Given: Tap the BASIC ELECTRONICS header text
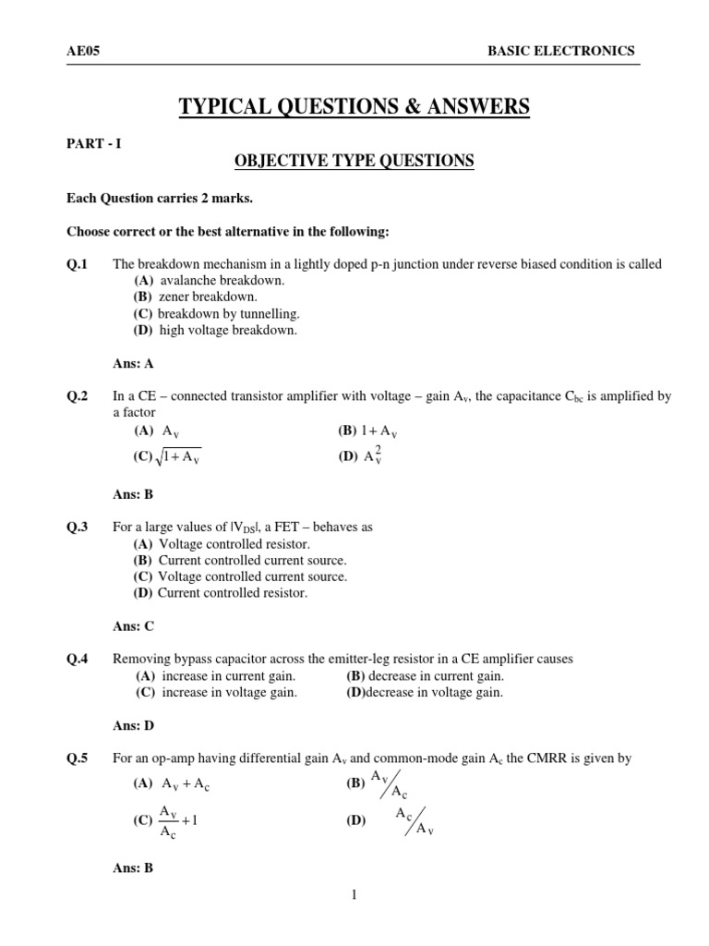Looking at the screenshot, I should (560, 52).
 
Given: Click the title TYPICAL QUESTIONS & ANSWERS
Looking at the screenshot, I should (354, 108).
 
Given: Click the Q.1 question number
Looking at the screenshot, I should (77, 264).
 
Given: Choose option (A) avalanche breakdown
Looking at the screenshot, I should (210, 281).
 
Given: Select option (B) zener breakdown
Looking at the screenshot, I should (195, 297).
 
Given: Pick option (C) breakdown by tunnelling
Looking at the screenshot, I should (217, 314).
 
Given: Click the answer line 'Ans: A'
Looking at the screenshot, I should (133, 364).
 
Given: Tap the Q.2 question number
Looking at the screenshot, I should (77, 396).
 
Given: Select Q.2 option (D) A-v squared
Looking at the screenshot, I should (361, 455).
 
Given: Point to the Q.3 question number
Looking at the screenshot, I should (77, 527).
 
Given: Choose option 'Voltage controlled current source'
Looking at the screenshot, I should (240, 576).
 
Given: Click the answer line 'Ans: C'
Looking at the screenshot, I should (133, 626).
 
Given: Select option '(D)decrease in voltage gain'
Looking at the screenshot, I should (425, 693).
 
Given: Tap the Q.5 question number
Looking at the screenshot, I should (77, 759).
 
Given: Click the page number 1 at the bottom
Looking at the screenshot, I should (354, 894).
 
